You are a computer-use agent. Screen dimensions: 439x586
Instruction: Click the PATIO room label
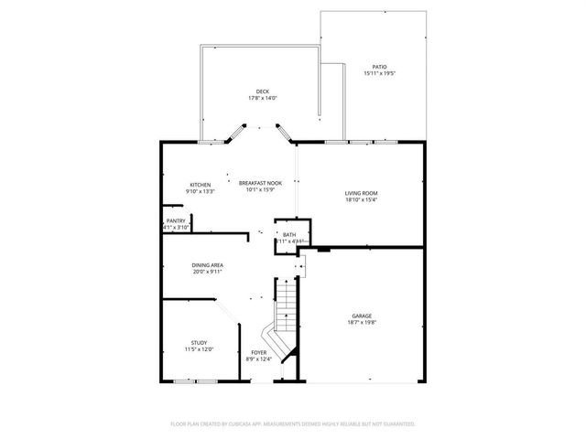tap(379, 67)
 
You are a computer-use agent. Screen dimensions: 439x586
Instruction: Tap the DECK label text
tap(262, 91)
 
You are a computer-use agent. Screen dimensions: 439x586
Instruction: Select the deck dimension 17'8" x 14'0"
tap(262, 98)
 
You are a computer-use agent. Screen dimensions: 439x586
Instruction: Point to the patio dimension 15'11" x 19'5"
tap(379, 73)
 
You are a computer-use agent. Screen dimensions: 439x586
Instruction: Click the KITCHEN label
tap(201, 185)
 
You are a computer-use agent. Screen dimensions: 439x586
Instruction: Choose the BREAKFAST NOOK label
tap(260, 184)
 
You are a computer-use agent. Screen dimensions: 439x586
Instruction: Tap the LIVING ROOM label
tap(361, 193)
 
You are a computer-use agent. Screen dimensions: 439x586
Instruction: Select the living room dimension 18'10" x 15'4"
tap(361, 199)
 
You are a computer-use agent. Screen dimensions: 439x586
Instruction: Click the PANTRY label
tap(176, 221)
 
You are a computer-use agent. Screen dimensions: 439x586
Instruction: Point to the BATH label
tap(289, 235)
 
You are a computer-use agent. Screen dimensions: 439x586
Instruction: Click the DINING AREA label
tap(208, 265)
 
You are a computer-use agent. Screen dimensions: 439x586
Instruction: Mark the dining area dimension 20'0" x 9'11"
tap(208, 272)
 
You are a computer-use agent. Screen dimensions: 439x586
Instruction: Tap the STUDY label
tap(200, 342)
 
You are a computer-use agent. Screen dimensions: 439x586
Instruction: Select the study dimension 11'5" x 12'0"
tap(200, 348)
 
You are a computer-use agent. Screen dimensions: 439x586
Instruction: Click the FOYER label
tap(259, 352)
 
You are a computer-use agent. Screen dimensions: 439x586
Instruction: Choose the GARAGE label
tap(363, 316)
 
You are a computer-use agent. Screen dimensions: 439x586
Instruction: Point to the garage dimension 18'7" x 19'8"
tap(363, 322)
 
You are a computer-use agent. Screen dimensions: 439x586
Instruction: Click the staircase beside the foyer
tap(287, 311)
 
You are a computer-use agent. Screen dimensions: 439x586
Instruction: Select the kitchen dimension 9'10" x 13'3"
tap(201, 191)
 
